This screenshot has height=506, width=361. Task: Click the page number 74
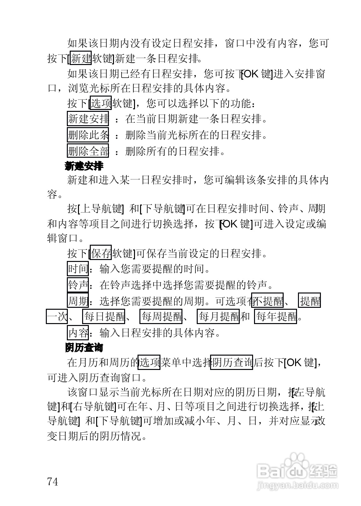(53, 481)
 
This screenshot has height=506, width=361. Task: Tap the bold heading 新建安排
(84, 166)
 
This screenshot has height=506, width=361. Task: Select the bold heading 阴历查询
(84, 348)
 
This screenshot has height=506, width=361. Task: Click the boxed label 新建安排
(88, 119)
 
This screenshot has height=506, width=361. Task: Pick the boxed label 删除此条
(88, 135)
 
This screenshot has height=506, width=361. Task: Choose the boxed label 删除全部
(88, 151)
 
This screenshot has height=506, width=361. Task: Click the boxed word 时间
(78, 269)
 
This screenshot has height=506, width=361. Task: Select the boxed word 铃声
(78, 285)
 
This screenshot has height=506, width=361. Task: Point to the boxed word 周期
(78, 300)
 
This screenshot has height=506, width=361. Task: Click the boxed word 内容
(78, 333)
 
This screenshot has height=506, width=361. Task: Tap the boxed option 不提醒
(267, 300)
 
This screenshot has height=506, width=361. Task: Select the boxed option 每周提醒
(161, 316)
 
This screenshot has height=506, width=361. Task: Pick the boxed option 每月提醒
(218, 316)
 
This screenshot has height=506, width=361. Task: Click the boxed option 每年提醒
(276, 316)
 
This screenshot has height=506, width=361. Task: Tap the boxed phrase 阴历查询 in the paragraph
(231, 362)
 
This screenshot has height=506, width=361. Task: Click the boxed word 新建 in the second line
(81, 58)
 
